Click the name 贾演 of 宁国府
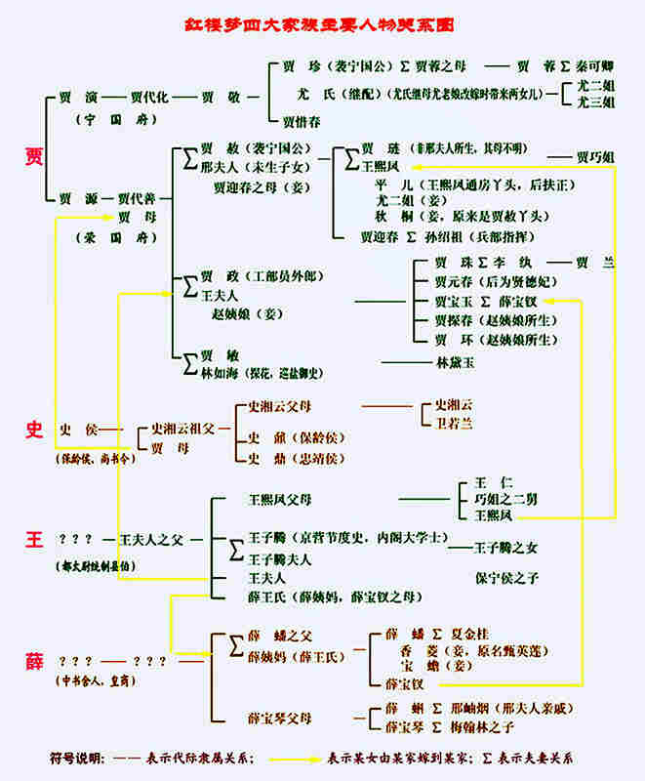(76, 98)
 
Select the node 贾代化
(149, 98)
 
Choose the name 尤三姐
(594, 101)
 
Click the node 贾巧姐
(595, 156)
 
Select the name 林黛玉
(455, 362)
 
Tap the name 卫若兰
(454, 423)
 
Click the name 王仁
(485, 483)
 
